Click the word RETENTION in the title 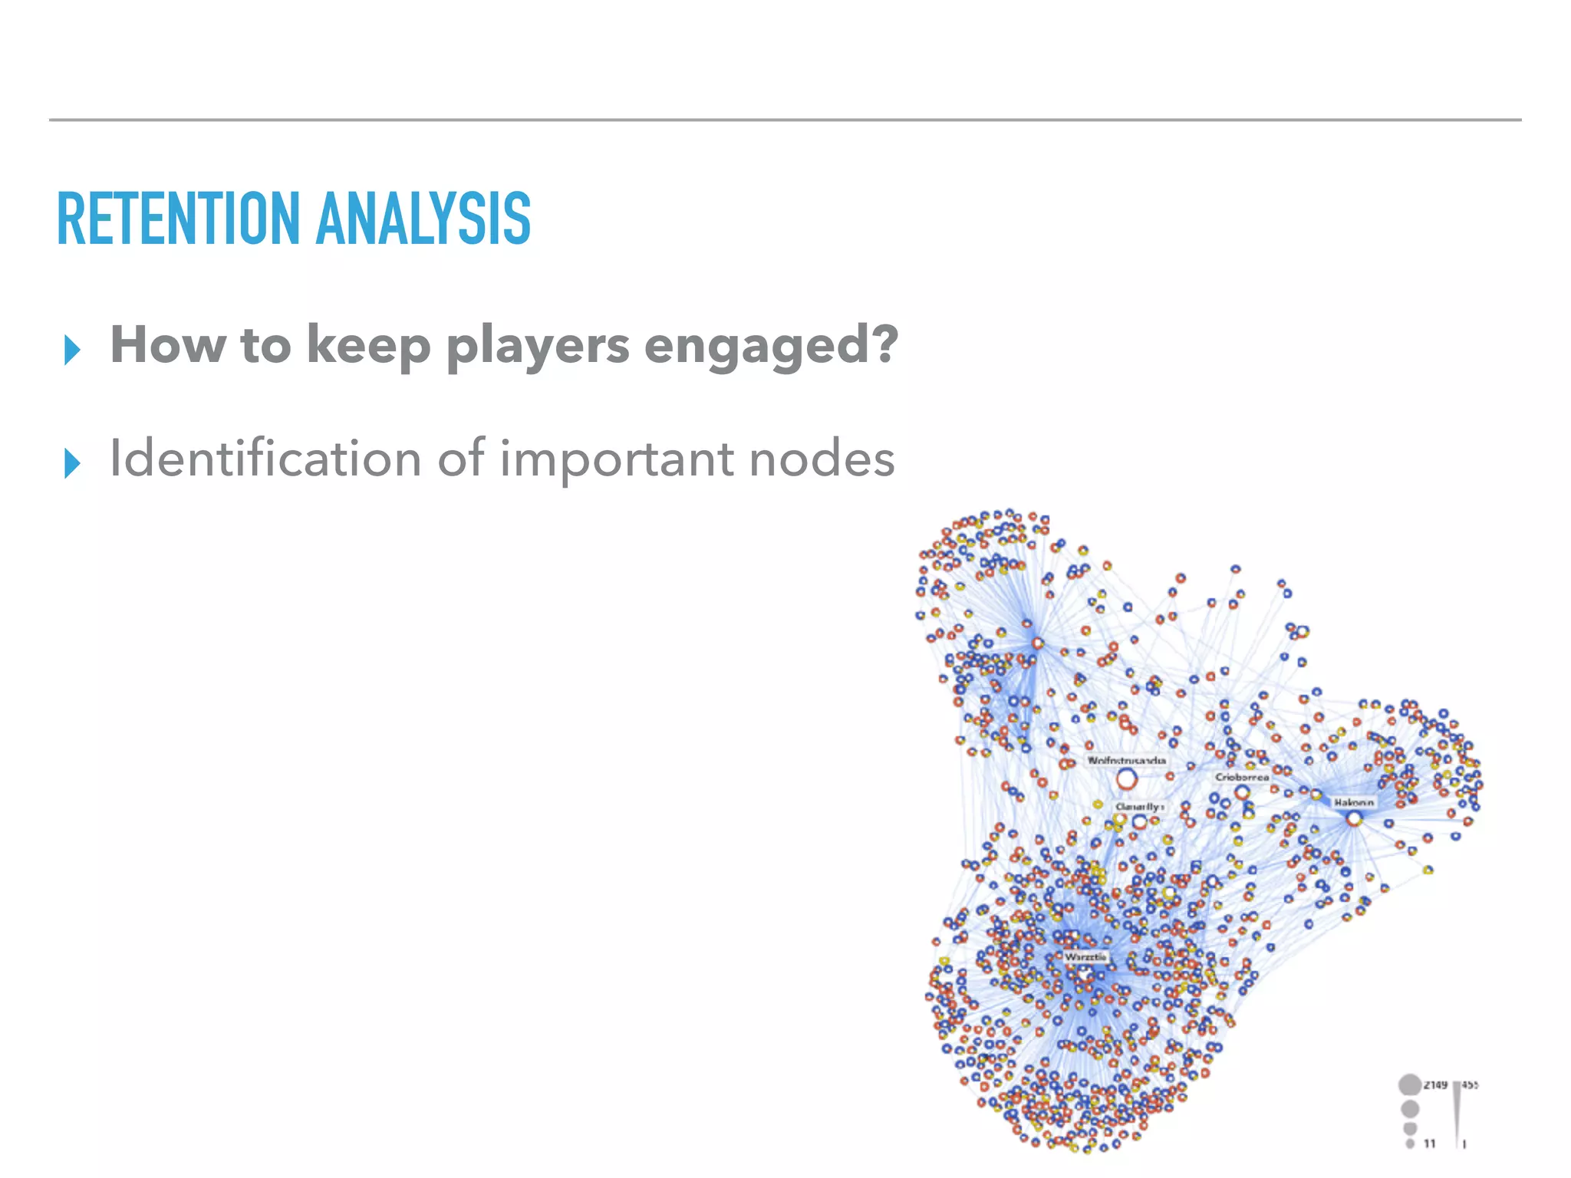pyautogui.click(x=178, y=219)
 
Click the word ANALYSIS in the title pyautogui.click(x=423, y=219)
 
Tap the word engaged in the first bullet pyautogui.click(x=770, y=347)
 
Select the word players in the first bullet pyautogui.click(x=537, y=347)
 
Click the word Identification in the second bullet pyautogui.click(x=265, y=459)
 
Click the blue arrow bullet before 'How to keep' pyautogui.click(x=73, y=350)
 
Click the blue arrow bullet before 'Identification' pyautogui.click(x=73, y=463)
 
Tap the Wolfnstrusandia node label pyautogui.click(x=1126, y=761)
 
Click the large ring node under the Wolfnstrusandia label pyautogui.click(x=1126, y=780)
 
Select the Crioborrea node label pyautogui.click(x=1242, y=777)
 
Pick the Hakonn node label pyautogui.click(x=1353, y=802)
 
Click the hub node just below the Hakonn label pyautogui.click(x=1354, y=819)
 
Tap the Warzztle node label pyautogui.click(x=1085, y=957)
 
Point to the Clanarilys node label pyautogui.click(x=1139, y=807)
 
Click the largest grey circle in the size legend pyautogui.click(x=1409, y=1084)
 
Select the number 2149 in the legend pyautogui.click(x=1435, y=1084)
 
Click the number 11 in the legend pyautogui.click(x=1430, y=1143)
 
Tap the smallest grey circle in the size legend pyautogui.click(x=1410, y=1143)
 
